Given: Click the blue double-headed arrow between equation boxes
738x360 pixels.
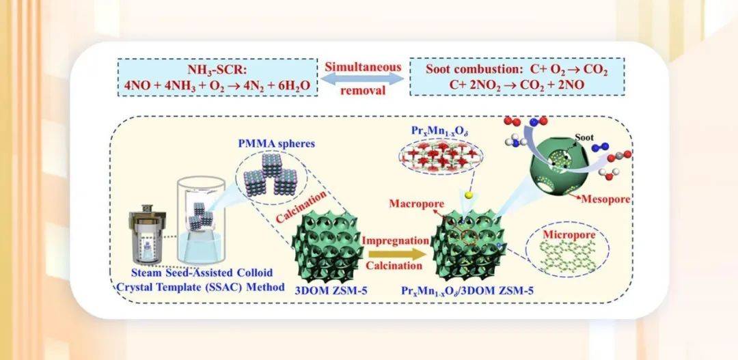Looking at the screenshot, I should (362, 80).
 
